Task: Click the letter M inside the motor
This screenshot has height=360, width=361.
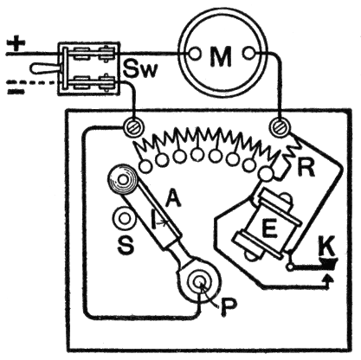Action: [221, 56]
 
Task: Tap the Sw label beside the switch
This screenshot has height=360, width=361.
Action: [140, 69]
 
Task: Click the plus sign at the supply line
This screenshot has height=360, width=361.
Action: [16, 44]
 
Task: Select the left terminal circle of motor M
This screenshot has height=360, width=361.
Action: [194, 54]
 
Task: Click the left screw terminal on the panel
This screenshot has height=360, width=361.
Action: [133, 127]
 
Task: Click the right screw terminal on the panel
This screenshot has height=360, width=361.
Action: [280, 126]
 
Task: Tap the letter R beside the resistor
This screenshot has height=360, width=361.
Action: [306, 167]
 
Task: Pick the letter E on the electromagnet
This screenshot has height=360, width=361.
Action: [269, 228]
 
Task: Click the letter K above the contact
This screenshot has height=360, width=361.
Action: [327, 246]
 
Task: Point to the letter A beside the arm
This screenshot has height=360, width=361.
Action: [173, 198]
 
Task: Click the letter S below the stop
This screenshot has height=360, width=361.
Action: [126, 246]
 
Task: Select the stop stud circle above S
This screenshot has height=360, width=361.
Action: [125, 218]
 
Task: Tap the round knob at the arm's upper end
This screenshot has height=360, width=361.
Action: [122, 181]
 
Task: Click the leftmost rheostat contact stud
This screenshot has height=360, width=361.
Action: [145, 166]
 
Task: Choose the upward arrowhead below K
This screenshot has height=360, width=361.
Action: [328, 279]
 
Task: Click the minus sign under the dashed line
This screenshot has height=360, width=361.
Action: [16, 92]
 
